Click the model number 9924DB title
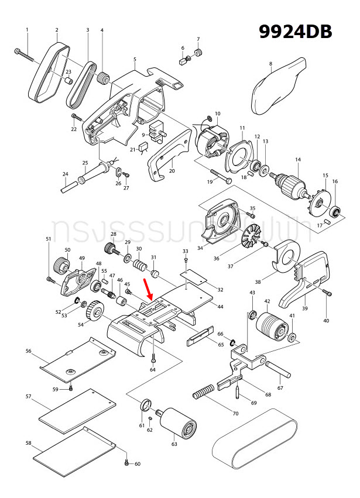pos(296,32)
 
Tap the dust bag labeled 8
pos(280,88)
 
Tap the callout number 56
pos(28,351)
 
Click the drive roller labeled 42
pos(271,325)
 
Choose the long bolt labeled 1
pos(29,57)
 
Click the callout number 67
pos(280,387)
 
